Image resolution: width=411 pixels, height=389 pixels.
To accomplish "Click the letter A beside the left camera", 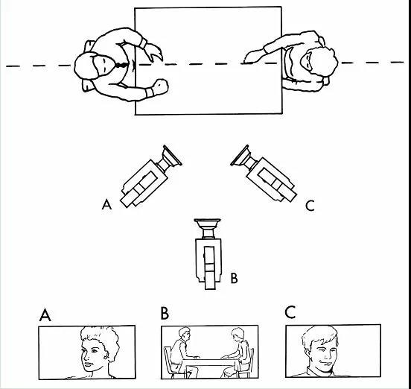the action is [x=106, y=204].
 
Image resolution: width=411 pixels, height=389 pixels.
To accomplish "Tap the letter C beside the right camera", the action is [x=310, y=206].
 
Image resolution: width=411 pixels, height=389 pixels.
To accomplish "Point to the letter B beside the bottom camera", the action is [x=234, y=278].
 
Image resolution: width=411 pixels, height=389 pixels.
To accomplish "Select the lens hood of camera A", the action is [x=172, y=156].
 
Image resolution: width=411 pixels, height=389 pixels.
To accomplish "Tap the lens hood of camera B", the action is [x=207, y=224].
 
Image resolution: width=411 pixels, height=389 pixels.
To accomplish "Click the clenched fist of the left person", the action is [x=160, y=86].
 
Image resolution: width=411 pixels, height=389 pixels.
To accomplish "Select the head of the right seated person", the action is [x=319, y=62].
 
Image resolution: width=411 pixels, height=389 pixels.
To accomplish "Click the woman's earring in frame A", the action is [x=106, y=357].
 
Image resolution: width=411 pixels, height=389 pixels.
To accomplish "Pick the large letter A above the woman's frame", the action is [x=45, y=314].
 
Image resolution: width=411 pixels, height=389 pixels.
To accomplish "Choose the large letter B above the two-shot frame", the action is [x=165, y=313].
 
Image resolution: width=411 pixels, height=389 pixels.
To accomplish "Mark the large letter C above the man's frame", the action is [x=290, y=312].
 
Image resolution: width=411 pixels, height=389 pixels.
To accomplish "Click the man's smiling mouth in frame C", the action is [x=325, y=364].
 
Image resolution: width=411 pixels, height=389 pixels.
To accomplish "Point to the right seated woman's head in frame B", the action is [x=238, y=334].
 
